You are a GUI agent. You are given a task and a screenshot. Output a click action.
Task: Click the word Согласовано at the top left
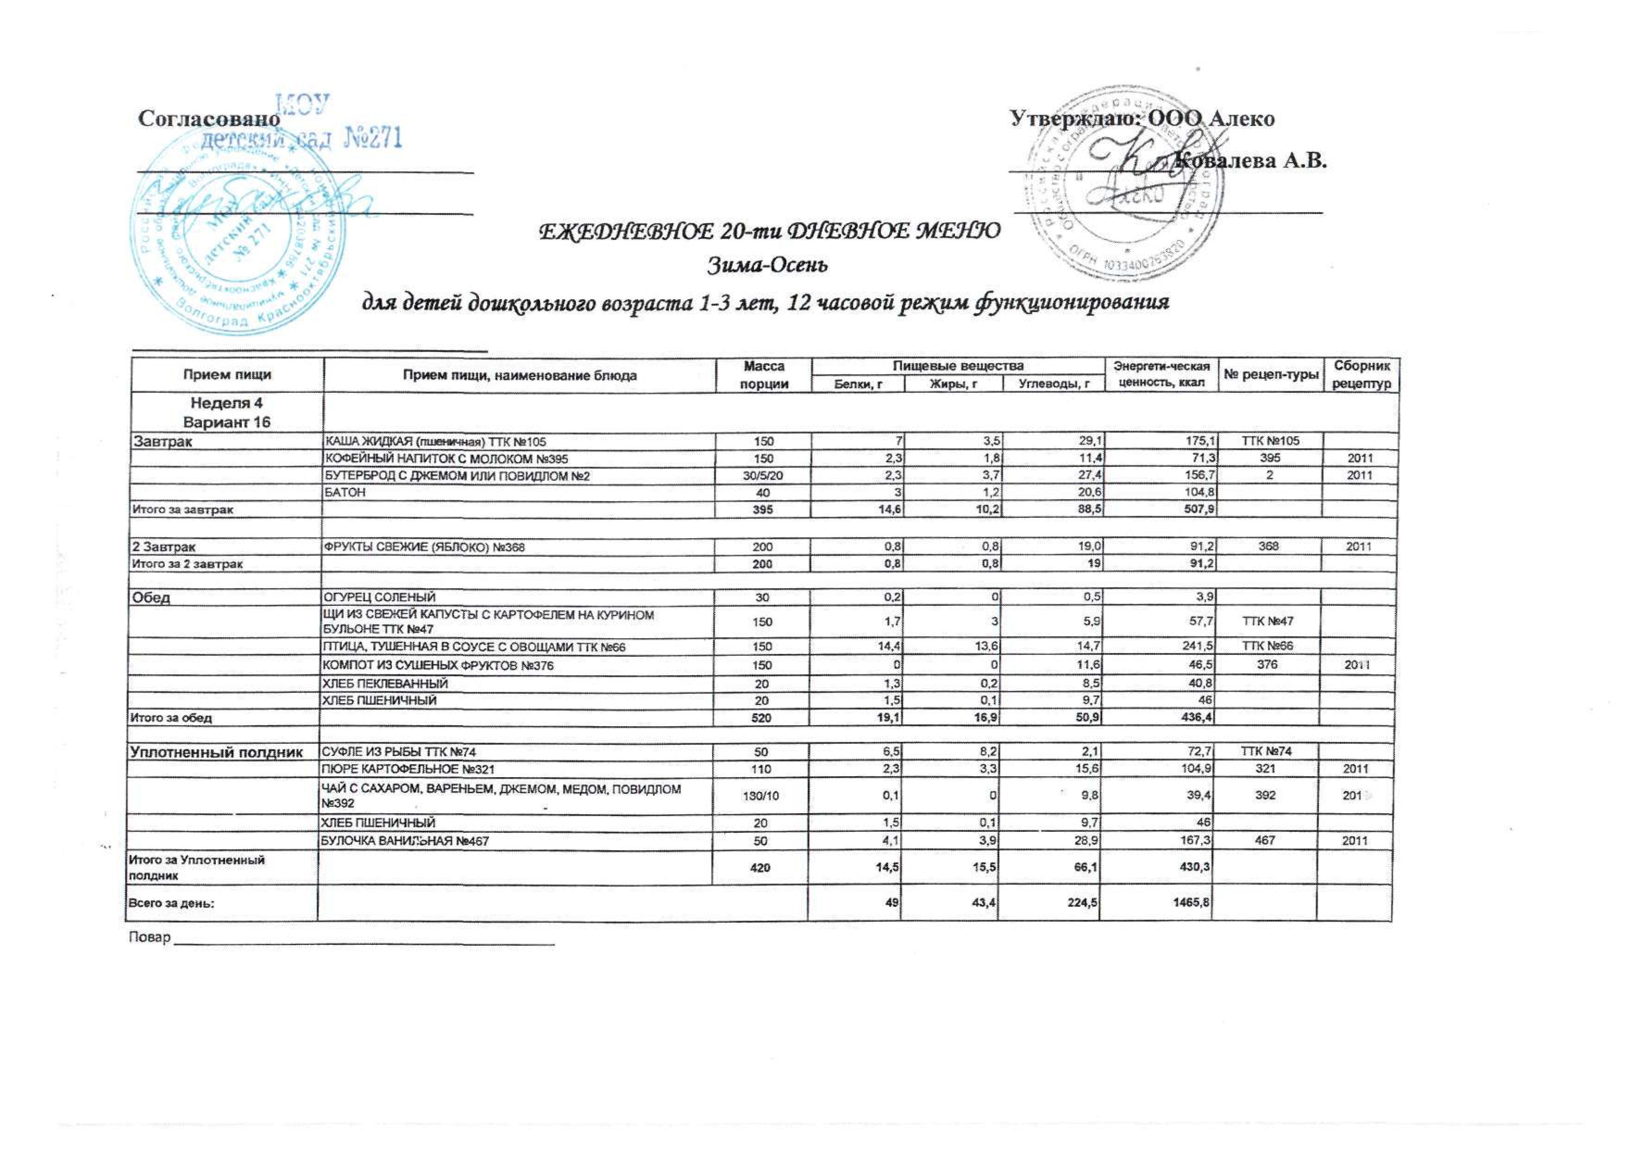point(209,119)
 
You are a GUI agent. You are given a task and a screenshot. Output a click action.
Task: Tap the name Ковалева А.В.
point(1250,162)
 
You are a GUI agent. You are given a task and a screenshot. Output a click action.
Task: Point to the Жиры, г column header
point(954,384)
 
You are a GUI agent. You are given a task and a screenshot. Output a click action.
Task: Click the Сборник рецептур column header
point(1361,375)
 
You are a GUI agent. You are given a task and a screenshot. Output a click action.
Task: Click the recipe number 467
point(1265,841)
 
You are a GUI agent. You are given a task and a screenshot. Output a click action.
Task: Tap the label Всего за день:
point(170,904)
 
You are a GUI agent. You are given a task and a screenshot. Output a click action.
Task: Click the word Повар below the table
point(150,938)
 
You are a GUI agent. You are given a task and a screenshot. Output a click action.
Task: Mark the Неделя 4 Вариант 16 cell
point(226,413)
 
